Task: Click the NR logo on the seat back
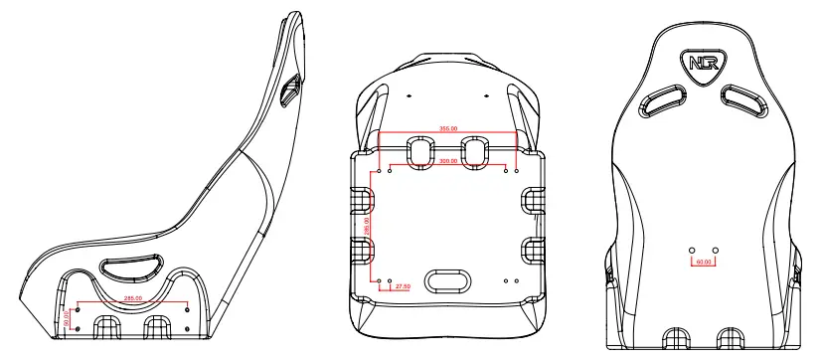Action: (x=704, y=64)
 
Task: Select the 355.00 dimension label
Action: (x=448, y=128)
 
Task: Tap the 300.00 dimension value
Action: (x=448, y=160)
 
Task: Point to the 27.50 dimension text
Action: (x=403, y=287)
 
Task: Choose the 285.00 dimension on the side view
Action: (x=132, y=297)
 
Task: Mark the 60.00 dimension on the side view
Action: (x=67, y=317)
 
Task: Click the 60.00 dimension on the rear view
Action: (x=704, y=263)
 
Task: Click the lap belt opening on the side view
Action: (x=131, y=266)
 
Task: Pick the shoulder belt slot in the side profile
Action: (x=289, y=90)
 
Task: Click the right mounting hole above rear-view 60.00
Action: (x=714, y=249)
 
